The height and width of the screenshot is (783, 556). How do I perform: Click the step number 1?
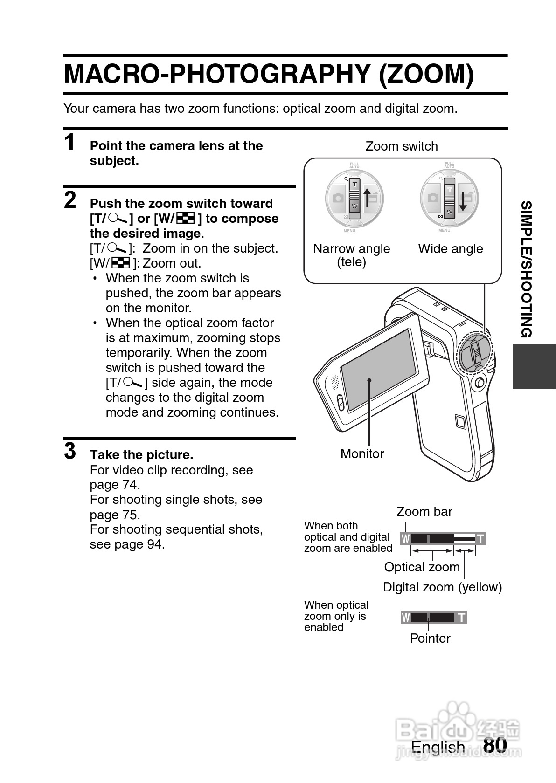coord(69,142)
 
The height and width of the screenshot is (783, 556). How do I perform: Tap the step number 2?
coord(70,200)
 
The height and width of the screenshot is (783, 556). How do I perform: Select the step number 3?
coord(70,451)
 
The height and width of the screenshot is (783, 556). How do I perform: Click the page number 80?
coord(495,744)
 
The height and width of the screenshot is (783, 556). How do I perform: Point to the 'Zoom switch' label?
coord(401,146)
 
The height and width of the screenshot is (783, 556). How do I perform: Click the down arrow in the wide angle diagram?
coord(463,200)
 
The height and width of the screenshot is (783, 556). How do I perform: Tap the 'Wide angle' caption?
coord(450,249)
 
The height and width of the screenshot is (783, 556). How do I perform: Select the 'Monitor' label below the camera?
coord(362,453)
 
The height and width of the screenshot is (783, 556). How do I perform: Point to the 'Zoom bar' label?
coord(424,512)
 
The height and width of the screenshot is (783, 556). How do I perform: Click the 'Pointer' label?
coord(430,639)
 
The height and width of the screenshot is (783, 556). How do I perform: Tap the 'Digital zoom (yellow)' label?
coord(442,587)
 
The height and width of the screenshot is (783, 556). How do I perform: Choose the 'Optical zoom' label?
coord(422,567)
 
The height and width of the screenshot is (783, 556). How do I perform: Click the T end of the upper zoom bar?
coord(480,539)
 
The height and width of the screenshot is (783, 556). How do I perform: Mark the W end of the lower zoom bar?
coord(406,618)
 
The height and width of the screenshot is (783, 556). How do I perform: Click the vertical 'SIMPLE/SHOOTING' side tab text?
coord(526,269)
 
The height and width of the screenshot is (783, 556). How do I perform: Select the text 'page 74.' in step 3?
coord(115,485)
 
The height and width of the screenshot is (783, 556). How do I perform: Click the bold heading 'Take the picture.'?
coord(141,455)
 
